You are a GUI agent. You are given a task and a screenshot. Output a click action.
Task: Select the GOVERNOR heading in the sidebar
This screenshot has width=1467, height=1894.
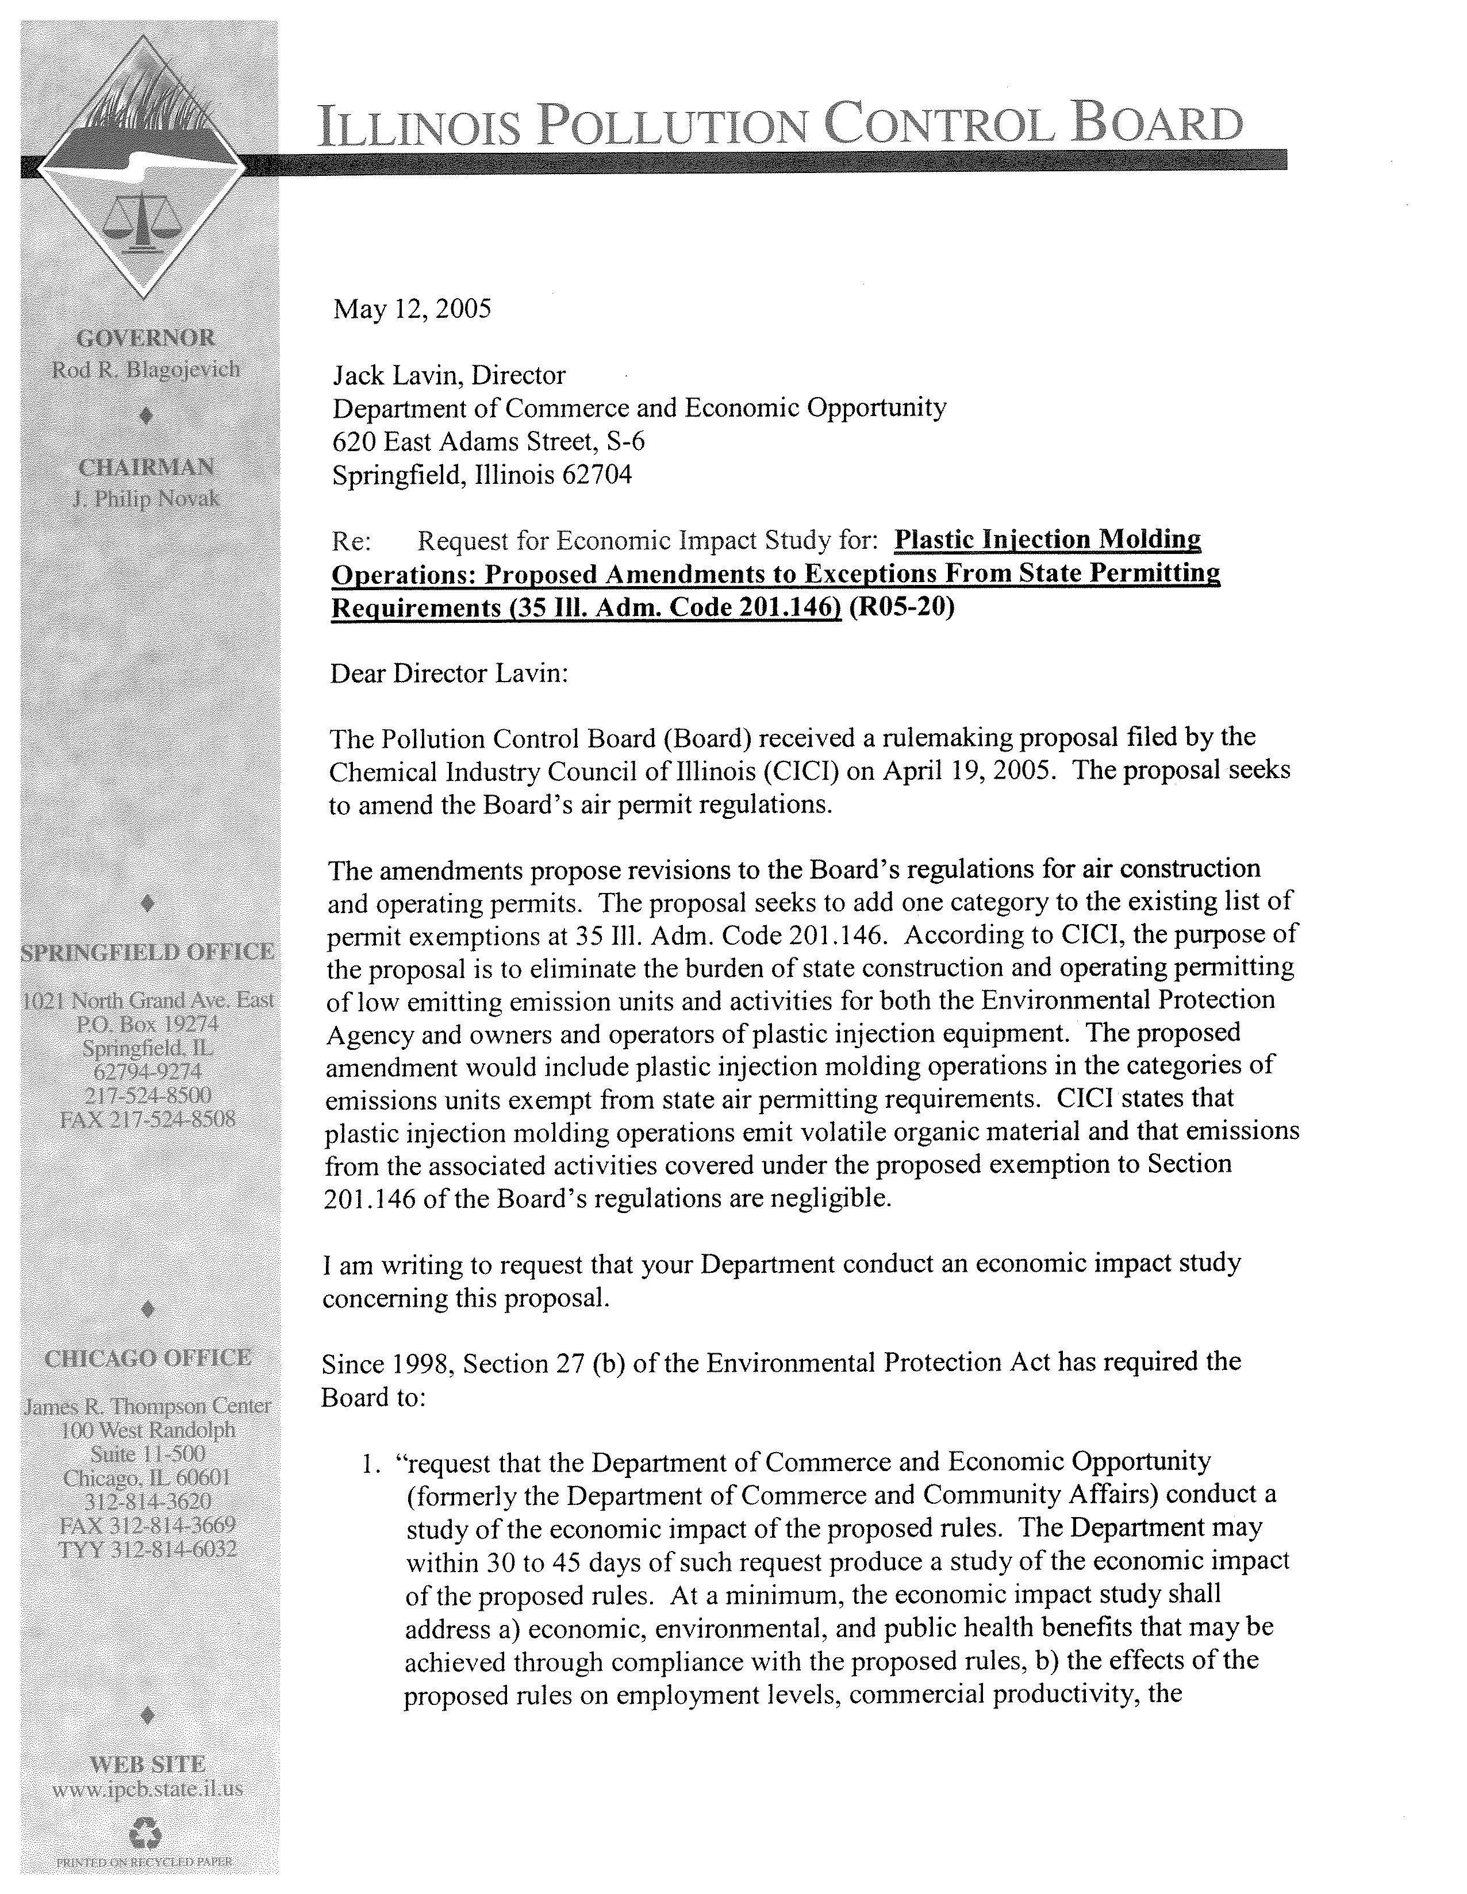coord(146,337)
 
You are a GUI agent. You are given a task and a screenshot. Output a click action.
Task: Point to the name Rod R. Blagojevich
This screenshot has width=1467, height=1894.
coord(146,370)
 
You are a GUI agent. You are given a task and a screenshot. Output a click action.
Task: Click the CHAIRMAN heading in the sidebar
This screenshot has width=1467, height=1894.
coord(146,467)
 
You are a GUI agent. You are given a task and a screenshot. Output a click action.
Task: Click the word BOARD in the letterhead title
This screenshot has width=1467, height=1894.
coord(1157,126)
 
